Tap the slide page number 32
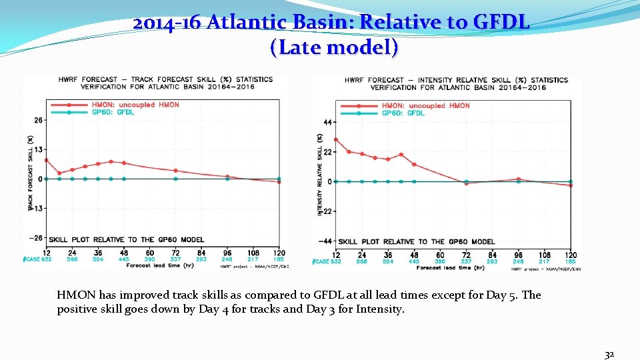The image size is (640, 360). pos(609,355)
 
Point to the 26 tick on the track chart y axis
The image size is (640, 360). pos(38,120)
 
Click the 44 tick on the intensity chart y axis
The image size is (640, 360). pos(327,123)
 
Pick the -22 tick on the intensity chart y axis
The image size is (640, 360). pos(326,211)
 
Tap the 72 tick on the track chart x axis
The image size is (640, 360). pos(175,253)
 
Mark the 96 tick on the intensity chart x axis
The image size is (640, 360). pos(518,255)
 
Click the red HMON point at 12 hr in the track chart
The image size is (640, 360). pos(46,160)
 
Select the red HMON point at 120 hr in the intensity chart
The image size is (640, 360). pos(570,185)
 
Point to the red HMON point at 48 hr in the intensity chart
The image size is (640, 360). pos(414,164)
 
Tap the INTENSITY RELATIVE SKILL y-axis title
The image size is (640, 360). pos(320,173)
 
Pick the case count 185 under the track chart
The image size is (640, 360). pos(279,259)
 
